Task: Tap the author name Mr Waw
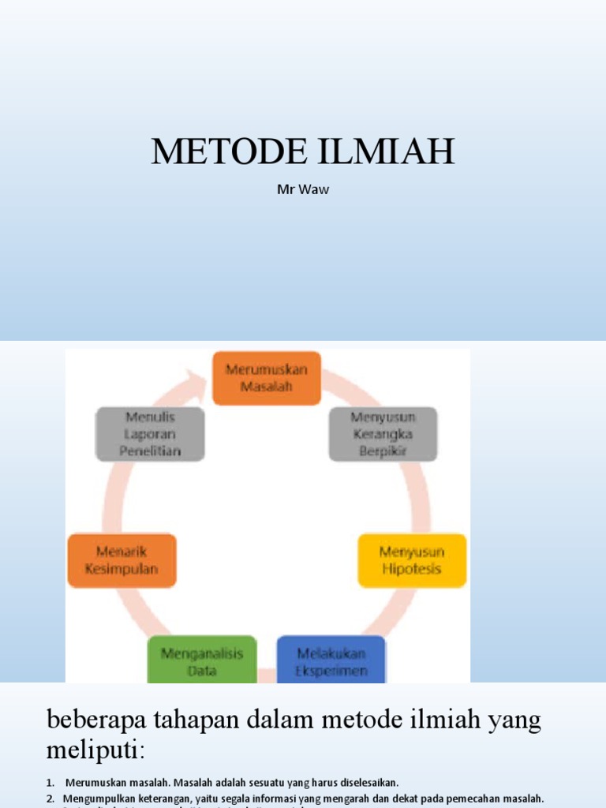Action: tap(303, 189)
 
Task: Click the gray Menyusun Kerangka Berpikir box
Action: tap(383, 434)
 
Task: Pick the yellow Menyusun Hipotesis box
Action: tap(411, 560)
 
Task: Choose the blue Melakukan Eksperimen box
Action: tap(331, 661)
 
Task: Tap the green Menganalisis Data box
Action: tap(202, 661)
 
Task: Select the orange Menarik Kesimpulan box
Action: tap(122, 560)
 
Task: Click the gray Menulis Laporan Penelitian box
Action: tap(150, 434)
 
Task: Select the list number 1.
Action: tap(50, 783)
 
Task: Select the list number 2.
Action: tap(50, 799)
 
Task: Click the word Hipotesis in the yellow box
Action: tap(411, 569)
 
